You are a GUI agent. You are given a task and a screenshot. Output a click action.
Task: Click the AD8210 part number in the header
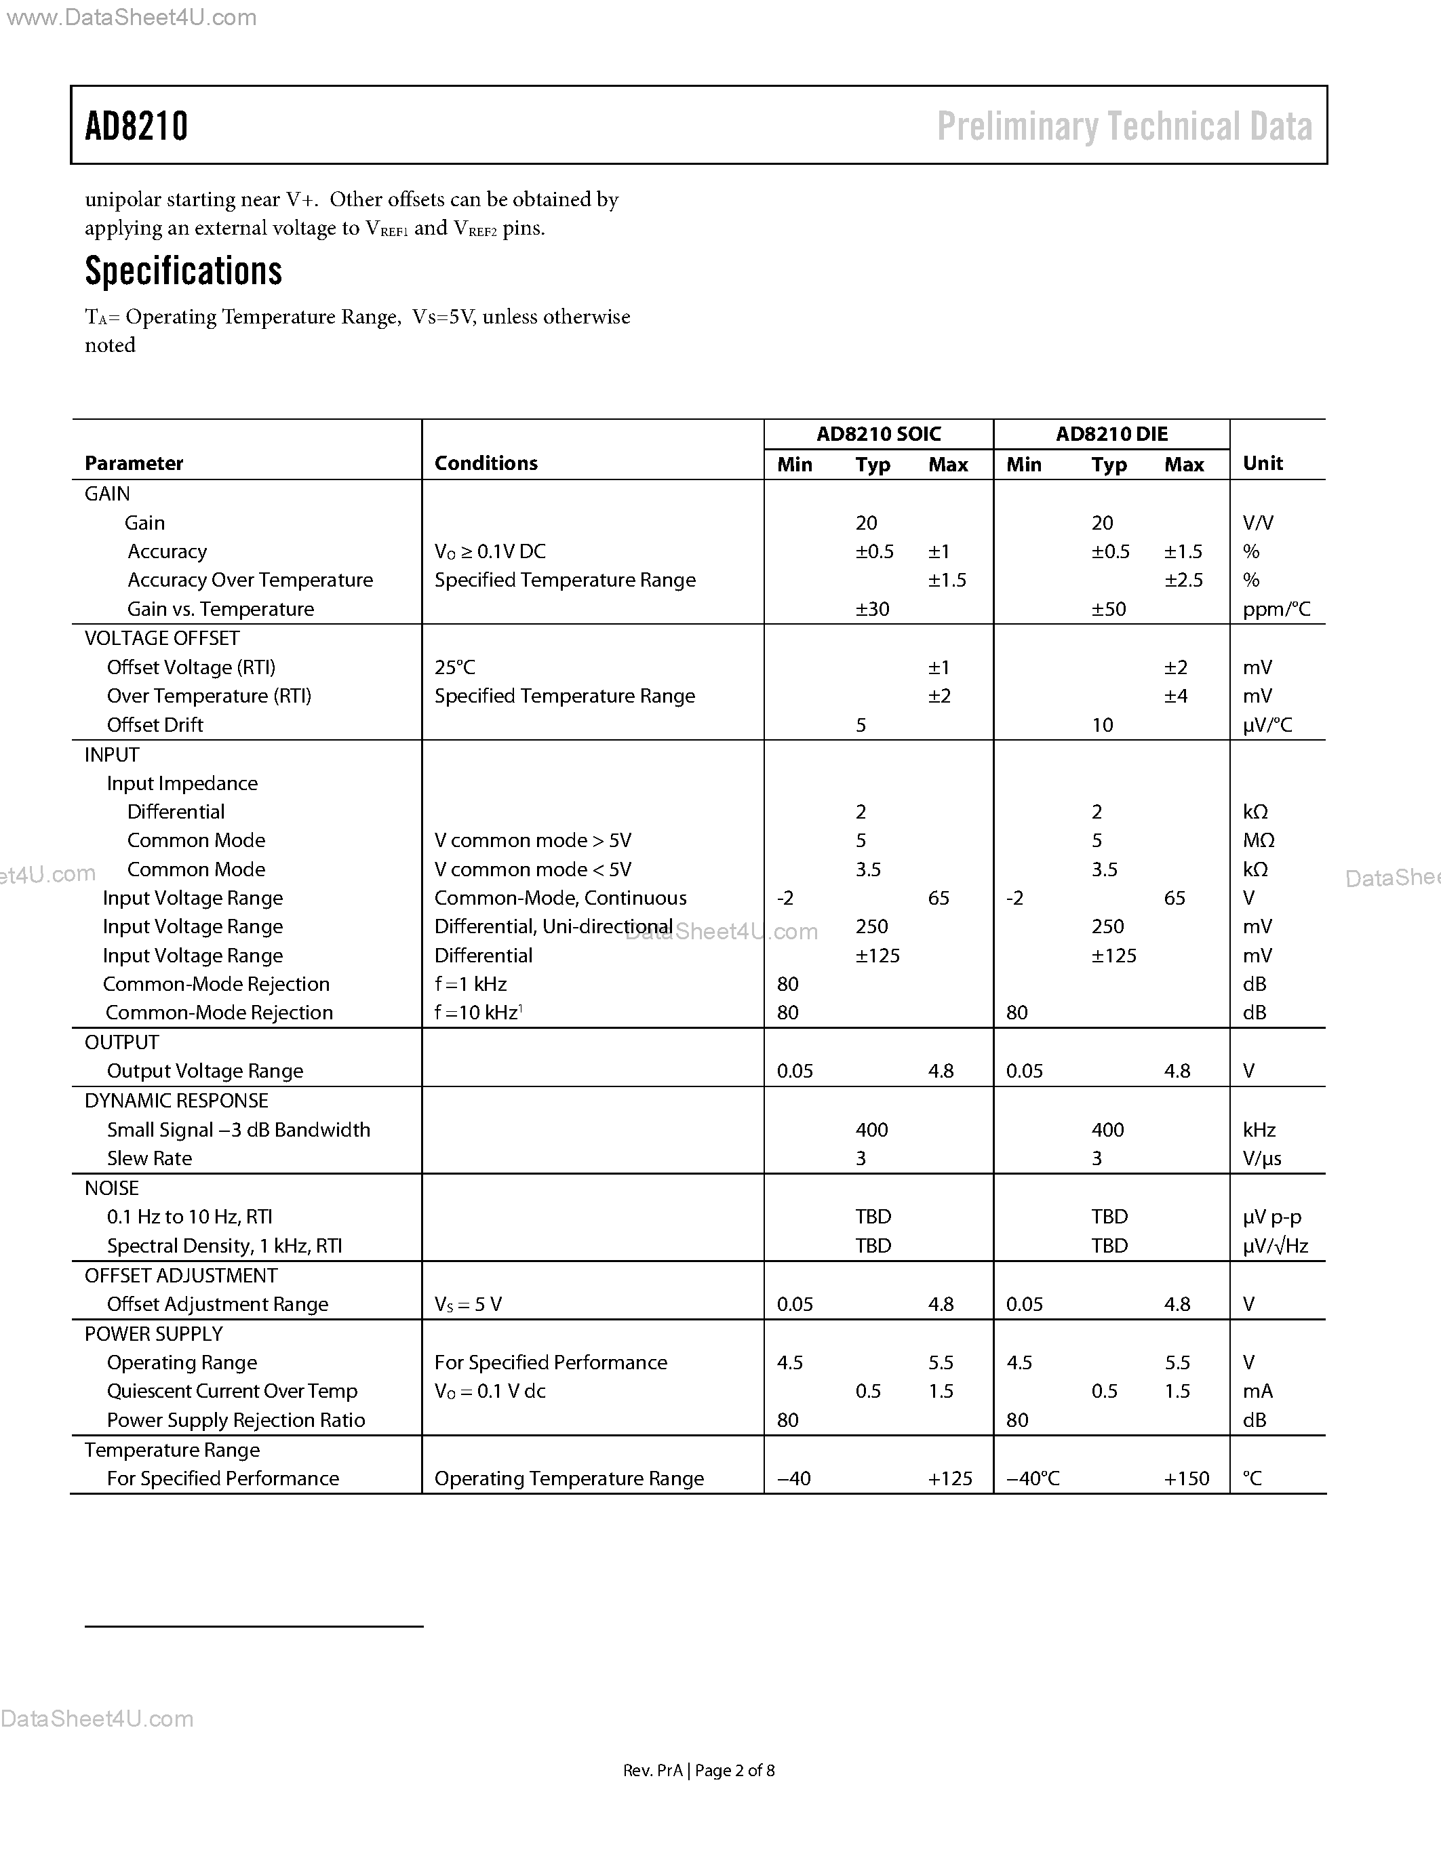click(136, 126)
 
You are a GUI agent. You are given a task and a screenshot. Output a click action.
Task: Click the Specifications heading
click(184, 271)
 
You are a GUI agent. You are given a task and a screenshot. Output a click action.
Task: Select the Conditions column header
click(486, 463)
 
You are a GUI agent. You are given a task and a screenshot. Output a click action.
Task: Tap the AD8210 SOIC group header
click(878, 434)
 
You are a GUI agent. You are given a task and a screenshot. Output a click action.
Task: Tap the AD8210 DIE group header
click(1111, 434)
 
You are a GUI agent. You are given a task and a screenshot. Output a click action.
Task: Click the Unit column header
click(1263, 463)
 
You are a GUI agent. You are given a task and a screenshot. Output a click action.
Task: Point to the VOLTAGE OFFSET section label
click(161, 638)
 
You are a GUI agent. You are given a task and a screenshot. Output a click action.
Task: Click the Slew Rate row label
click(149, 1158)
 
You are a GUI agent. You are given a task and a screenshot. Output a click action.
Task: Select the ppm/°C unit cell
click(1276, 609)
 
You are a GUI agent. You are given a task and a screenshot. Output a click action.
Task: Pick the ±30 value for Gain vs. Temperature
click(873, 609)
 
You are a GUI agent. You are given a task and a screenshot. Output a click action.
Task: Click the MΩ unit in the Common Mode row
click(1259, 840)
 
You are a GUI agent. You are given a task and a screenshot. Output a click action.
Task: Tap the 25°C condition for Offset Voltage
click(454, 667)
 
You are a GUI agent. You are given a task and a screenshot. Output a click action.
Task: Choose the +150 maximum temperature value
click(1187, 1478)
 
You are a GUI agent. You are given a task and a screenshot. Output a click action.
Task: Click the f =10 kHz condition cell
click(478, 1012)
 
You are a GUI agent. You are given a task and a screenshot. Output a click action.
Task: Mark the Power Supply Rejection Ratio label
click(235, 1420)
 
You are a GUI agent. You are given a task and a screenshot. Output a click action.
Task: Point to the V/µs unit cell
click(1262, 1158)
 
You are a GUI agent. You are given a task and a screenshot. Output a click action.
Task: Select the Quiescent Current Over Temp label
click(232, 1391)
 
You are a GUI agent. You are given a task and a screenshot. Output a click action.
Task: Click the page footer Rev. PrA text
click(653, 1770)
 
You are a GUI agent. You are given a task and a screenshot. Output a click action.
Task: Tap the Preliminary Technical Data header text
click(1124, 126)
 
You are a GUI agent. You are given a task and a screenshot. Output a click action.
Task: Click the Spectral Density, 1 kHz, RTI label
click(224, 1246)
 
